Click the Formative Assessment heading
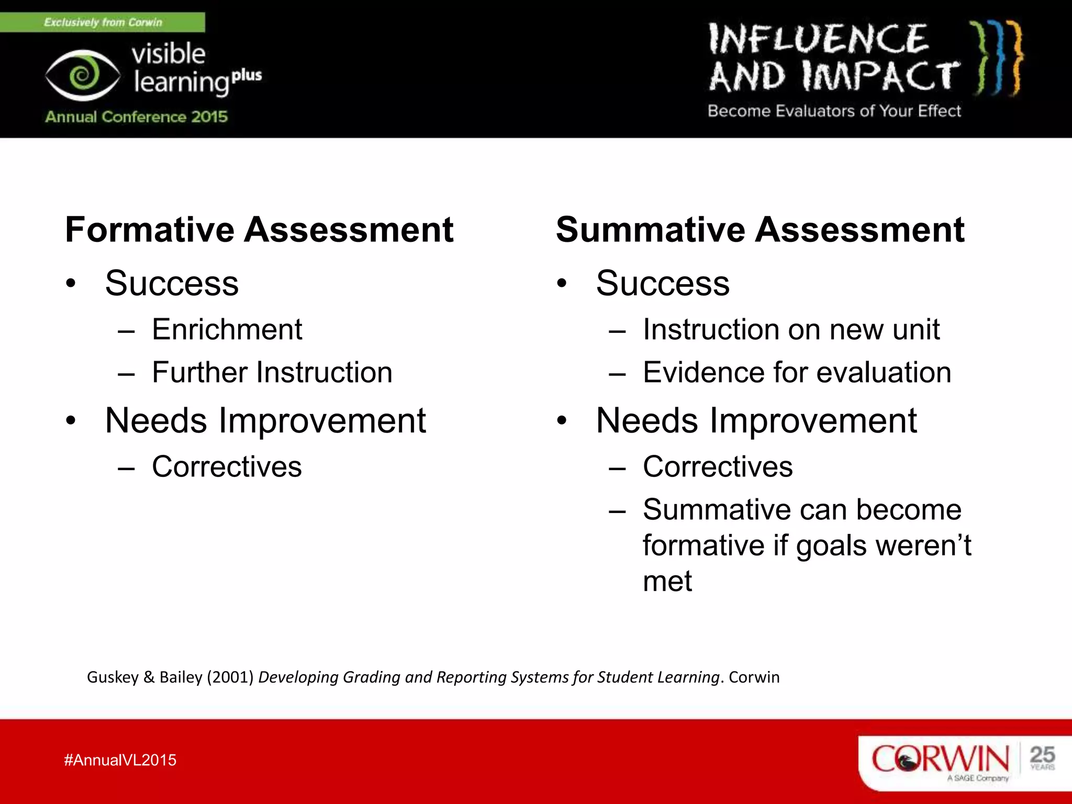point(259,230)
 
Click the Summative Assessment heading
point(760,230)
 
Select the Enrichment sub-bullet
point(227,330)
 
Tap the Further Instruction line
point(272,373)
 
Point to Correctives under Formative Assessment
point(227,467)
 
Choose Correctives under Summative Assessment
point(718,467)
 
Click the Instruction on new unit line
point(791,330)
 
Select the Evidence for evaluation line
point(797,373)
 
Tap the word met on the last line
point(667,581)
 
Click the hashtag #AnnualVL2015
point(120,760)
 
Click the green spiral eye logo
point(83,75)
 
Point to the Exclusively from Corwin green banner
point(103,22)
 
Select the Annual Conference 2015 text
point(136,116)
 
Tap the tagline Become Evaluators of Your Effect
point(834,111)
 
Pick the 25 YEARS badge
point(1042,758)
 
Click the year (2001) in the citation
point(230,677)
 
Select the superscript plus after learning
point(247,75)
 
